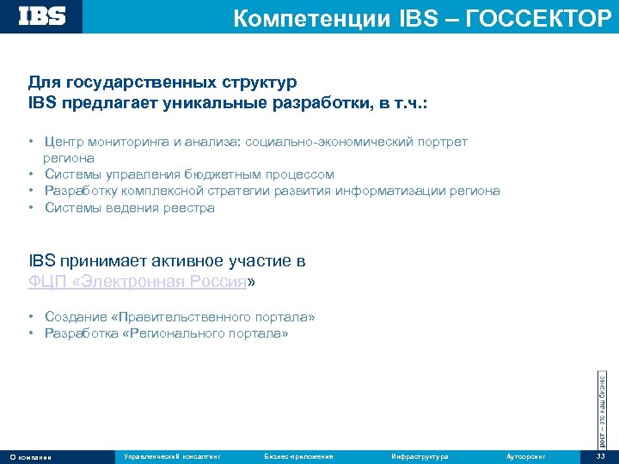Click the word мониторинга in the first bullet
[128, 142]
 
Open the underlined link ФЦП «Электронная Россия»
[138, 281]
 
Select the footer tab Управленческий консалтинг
[172, 456]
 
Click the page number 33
[600, 456]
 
